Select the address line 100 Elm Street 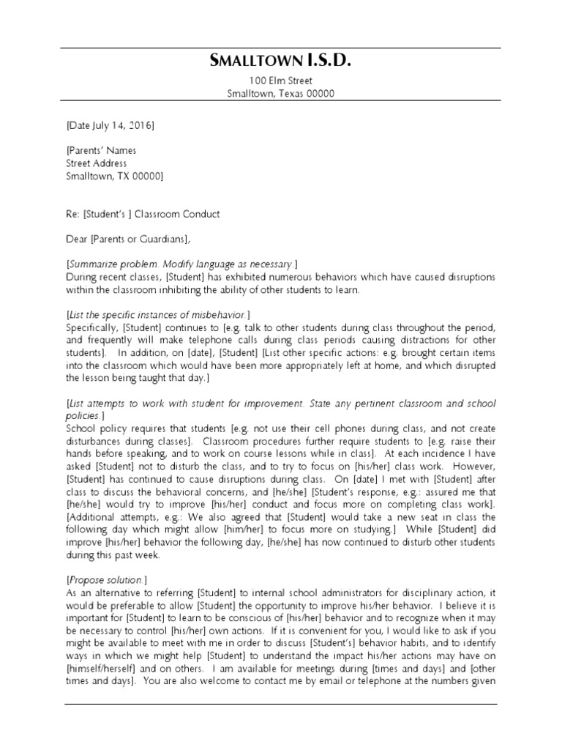(280, 81)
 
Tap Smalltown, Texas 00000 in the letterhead (280, 94)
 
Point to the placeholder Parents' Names (102, 151)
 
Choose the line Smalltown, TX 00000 (114, 176)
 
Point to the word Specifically (91, 327)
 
